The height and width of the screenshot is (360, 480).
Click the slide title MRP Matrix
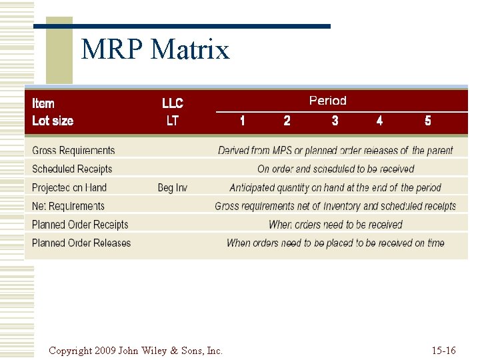(155, 50)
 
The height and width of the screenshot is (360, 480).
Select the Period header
(327, 101)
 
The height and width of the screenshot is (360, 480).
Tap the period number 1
(242, 121)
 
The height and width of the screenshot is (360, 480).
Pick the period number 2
(287, 121)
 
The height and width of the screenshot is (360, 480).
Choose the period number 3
(335, 121)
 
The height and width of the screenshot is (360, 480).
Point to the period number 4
(379, 121)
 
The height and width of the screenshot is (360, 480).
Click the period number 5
(427, 121)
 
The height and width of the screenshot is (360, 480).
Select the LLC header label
(173, 103)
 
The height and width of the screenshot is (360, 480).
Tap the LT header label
(173, 121)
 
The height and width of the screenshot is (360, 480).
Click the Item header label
(43, 103)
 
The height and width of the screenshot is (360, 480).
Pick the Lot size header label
(53, 121)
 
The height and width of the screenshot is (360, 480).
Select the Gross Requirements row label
(73, 151)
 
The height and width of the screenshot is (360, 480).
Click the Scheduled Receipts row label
(72, 169)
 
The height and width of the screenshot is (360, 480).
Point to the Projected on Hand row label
(69, 188)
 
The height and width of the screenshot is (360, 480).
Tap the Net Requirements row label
(68, 206)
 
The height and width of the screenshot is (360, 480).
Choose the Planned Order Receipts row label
(80, 225)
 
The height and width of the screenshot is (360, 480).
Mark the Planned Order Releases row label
(81, 243)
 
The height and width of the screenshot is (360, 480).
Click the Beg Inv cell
(173, 188)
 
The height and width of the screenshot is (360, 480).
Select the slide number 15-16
(443, 350)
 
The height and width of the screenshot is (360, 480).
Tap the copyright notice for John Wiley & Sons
(135, 350)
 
